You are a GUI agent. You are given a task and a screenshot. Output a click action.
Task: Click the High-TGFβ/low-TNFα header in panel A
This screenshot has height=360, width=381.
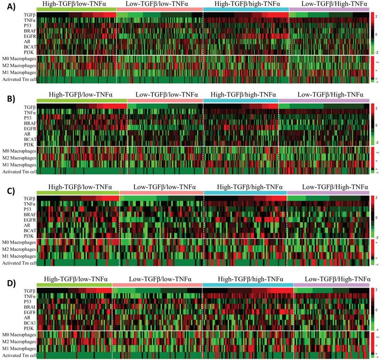click(75, 4)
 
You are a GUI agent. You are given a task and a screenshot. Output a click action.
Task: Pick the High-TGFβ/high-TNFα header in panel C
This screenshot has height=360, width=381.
click(245, 186)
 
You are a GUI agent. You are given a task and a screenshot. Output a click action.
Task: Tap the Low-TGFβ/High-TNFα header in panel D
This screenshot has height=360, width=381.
click(332, 278)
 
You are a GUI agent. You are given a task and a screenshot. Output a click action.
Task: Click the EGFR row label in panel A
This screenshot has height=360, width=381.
click(29, 35)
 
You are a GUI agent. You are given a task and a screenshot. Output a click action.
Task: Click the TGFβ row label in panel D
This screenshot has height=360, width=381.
click(29, 290)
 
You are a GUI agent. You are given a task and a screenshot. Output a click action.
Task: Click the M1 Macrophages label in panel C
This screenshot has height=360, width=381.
click(19, 256)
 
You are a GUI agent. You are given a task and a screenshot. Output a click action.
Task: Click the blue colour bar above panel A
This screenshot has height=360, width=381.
click(245, 10)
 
